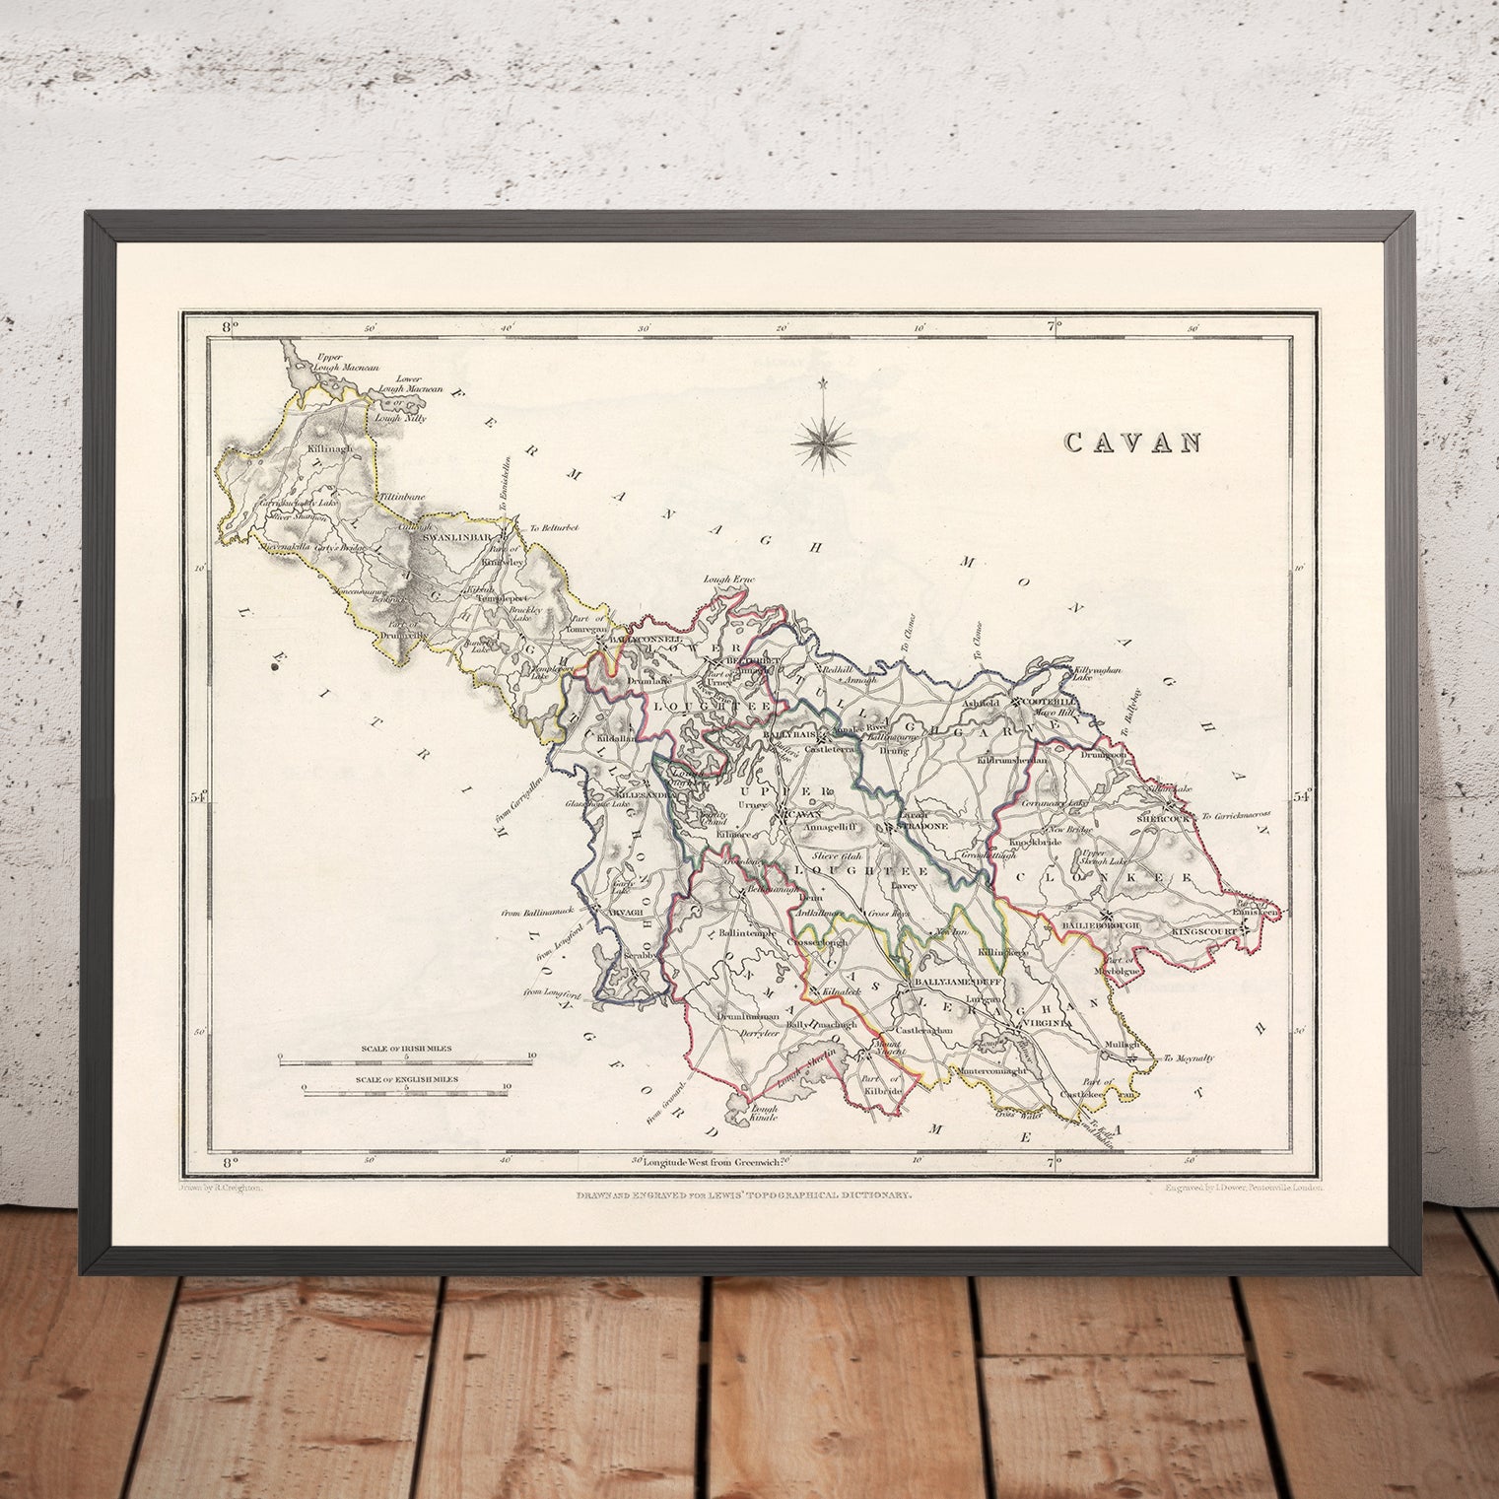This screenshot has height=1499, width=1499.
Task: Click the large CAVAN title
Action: point(1132,443)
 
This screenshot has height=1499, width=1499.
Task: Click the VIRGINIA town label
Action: point(1036,1027)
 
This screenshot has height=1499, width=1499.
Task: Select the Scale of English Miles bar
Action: point(405,1089)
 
